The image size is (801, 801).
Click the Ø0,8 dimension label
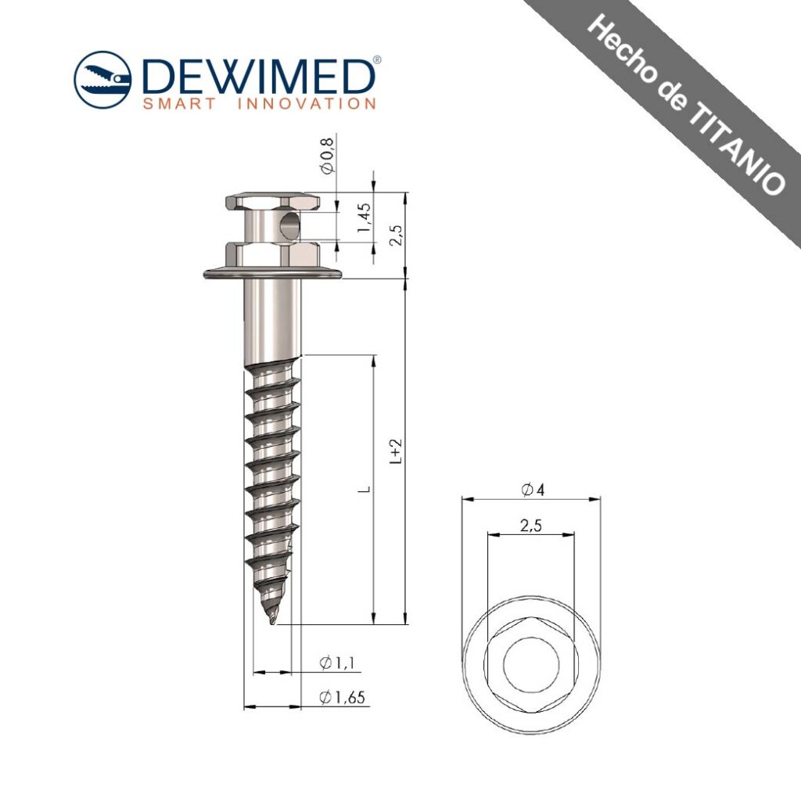pyautogui.click(x=328, y=156)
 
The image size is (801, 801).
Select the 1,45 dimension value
pyautogui.click(x=365, y=217)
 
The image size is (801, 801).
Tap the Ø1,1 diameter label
pyautogui.click(x=336, y=663)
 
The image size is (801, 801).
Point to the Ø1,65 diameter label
pyautogui.click(x=343, y=697)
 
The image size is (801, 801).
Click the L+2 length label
pyautogui.click(x=397, y=451)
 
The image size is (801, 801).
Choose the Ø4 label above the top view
pyautogui.click(x=533, y=490)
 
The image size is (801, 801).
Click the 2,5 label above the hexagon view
pyautogui.click(x=531, y=525)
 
